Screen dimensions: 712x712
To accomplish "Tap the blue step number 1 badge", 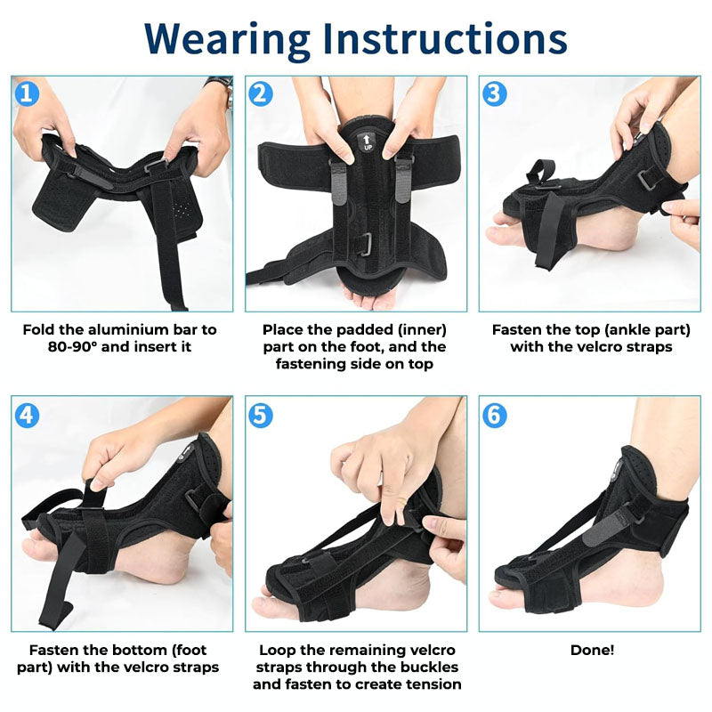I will (27, 93).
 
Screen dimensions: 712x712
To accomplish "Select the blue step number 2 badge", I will (260, 93).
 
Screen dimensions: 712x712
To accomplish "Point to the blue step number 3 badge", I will (494, 93).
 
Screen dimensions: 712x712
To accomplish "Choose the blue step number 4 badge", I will (27, 414).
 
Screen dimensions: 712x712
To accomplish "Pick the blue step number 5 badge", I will (260, 414).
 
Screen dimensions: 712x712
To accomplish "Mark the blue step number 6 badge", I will (494, 414).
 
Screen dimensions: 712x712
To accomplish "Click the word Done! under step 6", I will (592, 650).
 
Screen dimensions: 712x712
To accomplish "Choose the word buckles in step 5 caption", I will (430, 667).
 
